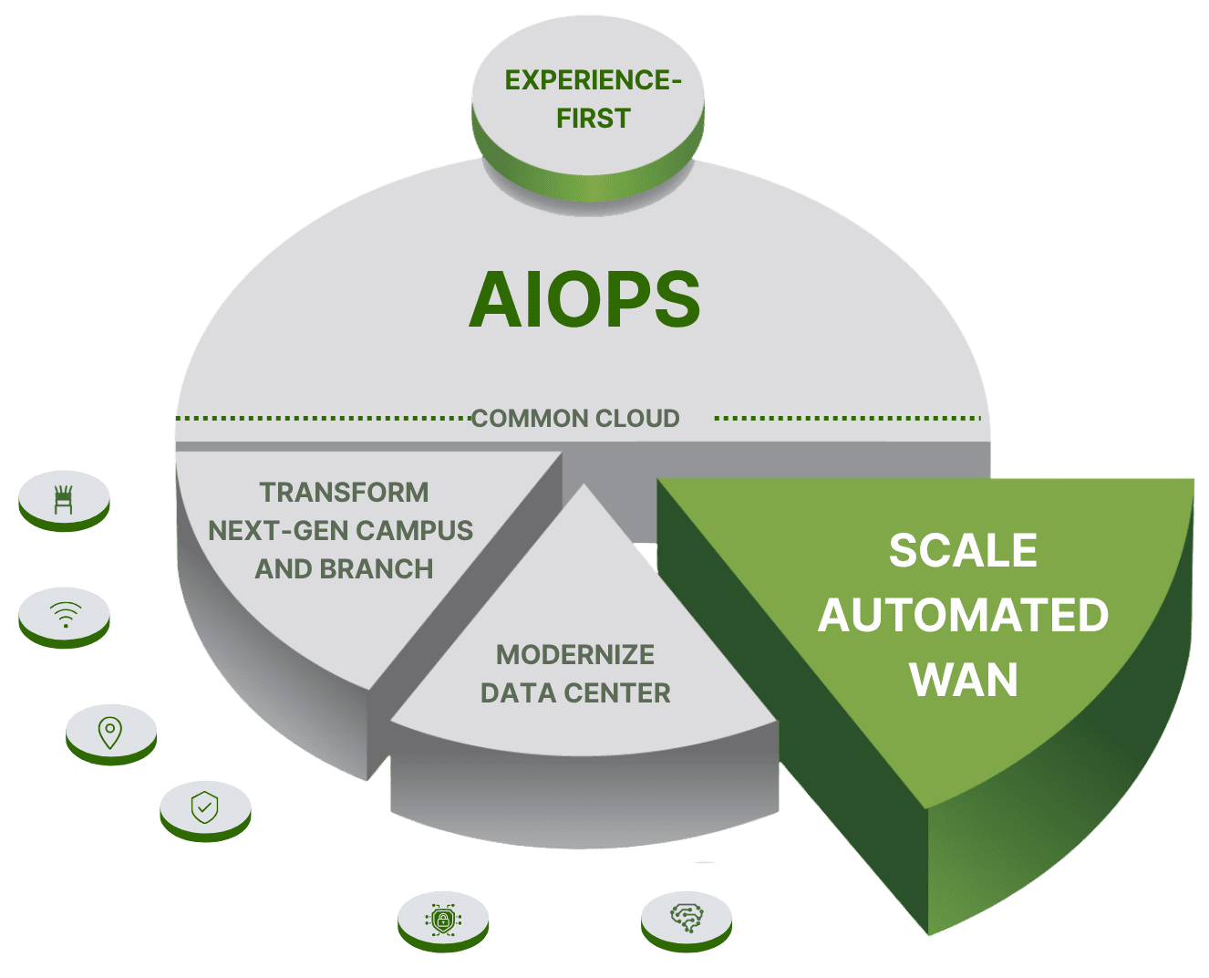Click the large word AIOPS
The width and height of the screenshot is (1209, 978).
(584, 299)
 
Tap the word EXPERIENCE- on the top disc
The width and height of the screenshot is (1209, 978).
(593, 80)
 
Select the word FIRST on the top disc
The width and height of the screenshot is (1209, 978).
(593, 119)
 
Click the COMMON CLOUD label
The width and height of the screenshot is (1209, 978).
(575, 419)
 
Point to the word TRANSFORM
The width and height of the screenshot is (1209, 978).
(344, 493)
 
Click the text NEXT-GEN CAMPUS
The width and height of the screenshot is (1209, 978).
(341, 531)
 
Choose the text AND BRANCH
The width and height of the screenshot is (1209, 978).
(344, 569)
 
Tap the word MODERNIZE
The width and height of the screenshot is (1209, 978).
(575, 655)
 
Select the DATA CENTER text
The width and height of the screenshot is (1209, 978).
(575, 693)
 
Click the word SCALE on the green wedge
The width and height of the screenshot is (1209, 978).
(963, 551)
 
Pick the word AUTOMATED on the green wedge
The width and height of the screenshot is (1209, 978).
(963, 616)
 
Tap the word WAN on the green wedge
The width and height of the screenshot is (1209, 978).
(964, 681)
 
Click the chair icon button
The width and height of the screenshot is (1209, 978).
(64, 498)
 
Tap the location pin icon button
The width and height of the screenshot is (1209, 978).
(110, 731)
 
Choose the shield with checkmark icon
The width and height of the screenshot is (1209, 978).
(204, 807)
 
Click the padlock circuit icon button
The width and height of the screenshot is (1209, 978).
(443, 918)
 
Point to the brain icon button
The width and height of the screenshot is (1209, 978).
(686, 917)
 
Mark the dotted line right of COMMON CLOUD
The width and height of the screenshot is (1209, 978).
(848, 419)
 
